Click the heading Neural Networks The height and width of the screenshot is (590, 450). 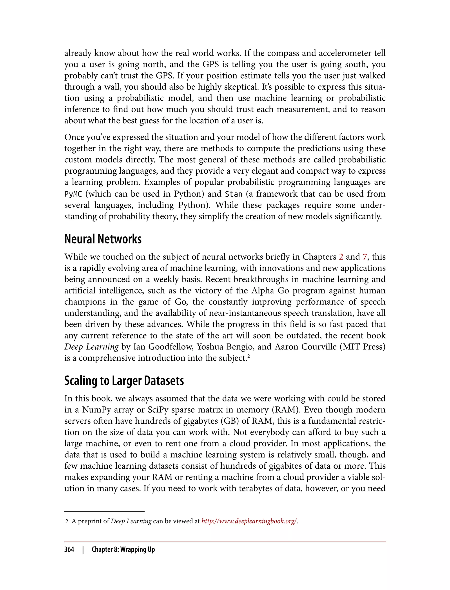point(103,239)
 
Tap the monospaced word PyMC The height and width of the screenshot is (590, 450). point(73,194)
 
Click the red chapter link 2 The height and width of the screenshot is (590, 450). point(341,257)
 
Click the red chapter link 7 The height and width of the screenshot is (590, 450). point(365,257)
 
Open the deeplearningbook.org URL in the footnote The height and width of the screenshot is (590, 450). point(249,521)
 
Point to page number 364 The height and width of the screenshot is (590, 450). point(69,549)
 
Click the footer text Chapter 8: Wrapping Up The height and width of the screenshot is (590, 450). point(123,549)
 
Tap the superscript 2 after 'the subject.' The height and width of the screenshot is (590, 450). point(249,356)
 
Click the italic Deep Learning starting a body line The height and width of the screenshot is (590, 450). point(91,347)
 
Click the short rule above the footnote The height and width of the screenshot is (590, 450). point(104,512)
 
